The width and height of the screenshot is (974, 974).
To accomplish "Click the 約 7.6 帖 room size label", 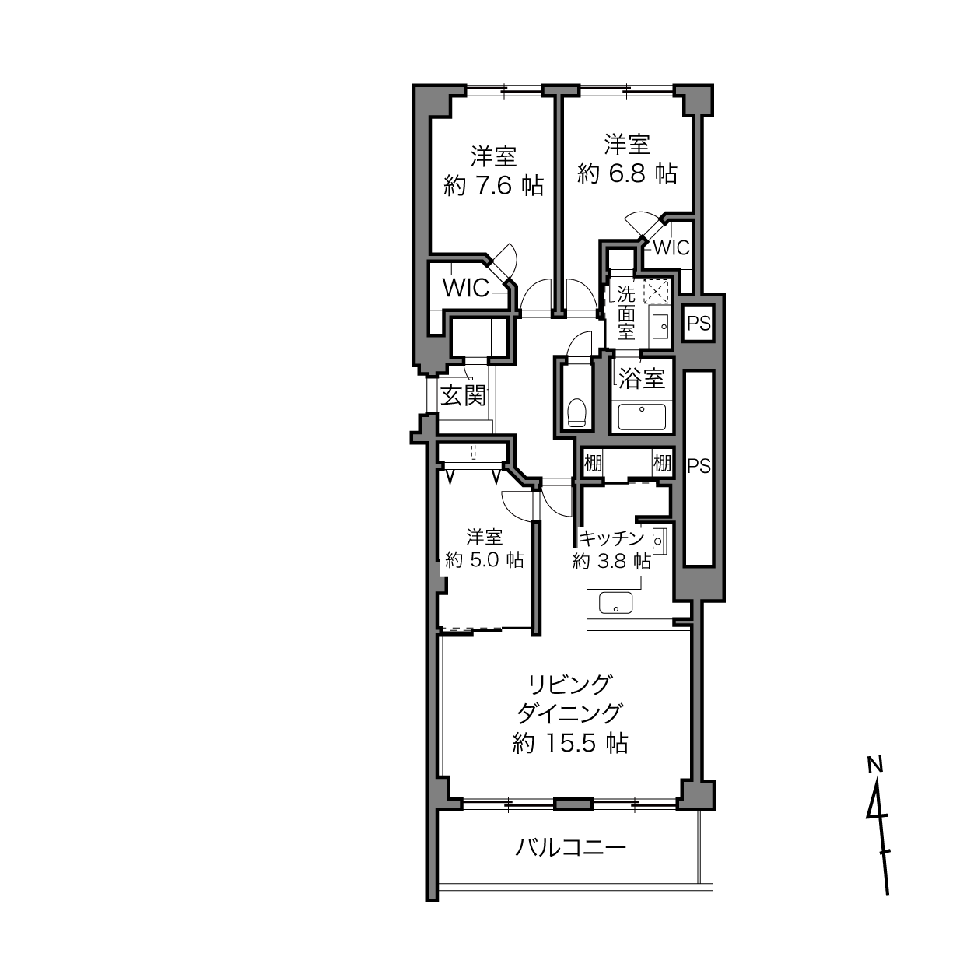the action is [493, 186].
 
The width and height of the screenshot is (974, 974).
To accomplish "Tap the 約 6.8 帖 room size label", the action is [627, 173].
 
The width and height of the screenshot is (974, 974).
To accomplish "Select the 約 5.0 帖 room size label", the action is [484, 559].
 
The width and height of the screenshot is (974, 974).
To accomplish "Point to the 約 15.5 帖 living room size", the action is [570, 743].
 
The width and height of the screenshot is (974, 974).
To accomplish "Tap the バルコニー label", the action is [571, 847].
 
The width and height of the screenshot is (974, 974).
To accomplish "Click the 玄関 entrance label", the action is [464, 395].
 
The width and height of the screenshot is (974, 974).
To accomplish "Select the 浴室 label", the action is [641, 378].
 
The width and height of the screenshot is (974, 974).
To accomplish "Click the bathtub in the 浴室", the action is [642, 416].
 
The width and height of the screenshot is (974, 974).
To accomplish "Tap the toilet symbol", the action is [576, 412].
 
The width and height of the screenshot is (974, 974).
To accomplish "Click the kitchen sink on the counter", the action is [615, 603].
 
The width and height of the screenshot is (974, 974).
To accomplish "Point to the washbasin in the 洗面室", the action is [660, 326].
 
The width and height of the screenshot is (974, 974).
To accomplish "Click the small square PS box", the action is [699, 323].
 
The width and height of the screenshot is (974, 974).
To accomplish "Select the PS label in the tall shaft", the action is [699, 465].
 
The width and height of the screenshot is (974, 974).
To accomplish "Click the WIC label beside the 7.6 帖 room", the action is [466, 288].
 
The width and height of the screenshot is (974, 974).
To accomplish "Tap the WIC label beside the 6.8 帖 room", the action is [671, 247].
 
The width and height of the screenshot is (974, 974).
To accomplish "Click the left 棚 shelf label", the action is [593, 463].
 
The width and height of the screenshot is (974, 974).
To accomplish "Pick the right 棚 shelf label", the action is [662, 463].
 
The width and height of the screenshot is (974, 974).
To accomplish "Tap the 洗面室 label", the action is [626, 313].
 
